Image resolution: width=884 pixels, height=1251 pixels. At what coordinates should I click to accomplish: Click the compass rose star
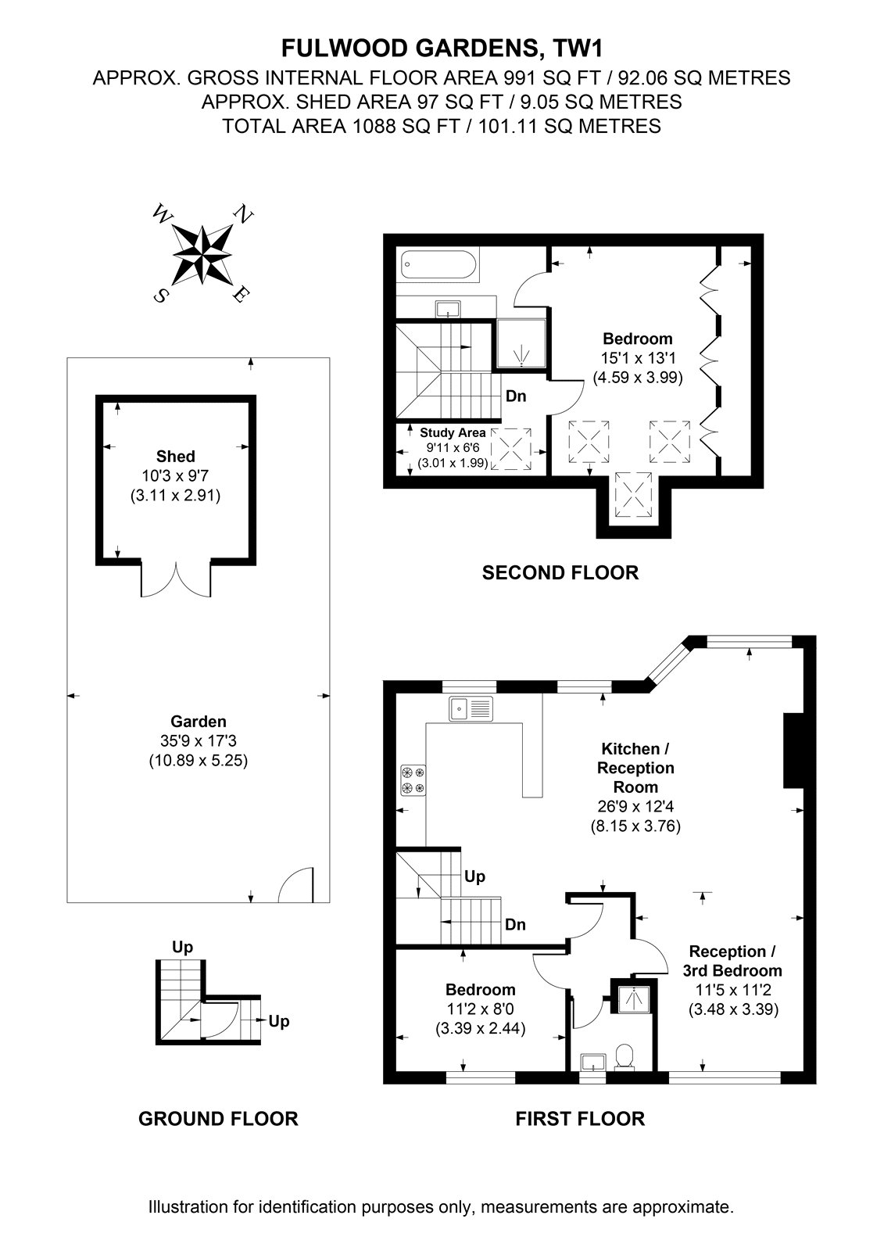tap(202, 255)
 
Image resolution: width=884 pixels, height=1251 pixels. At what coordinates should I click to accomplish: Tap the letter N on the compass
tap(244, 214)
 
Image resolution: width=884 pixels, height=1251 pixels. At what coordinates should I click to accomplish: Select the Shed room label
tap(175, 457)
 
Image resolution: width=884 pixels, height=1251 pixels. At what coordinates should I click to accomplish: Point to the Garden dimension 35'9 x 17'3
tap(199, 740)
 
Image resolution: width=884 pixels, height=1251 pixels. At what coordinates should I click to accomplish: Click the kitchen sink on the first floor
tap(471, 708)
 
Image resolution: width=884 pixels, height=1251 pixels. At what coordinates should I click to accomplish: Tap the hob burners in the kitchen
tap(413, 780)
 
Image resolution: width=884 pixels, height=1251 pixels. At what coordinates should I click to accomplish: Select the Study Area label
tap(453, 432)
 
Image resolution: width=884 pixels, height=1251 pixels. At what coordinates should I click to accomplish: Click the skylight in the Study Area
tap(511, 449)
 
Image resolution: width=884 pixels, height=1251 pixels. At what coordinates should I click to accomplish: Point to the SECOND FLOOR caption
tap(560, 572)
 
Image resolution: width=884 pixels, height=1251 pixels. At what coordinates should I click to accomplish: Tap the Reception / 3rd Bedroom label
tap(732, 961)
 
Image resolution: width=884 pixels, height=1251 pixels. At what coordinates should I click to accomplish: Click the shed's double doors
tap(176, 579)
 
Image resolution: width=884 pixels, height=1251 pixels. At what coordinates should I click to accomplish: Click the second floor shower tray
tap(521, 343)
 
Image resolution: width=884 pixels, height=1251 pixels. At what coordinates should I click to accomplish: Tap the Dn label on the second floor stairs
tap(515, 396)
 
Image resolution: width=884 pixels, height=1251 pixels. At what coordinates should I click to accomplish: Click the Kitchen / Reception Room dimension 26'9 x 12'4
tap(635, 806)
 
